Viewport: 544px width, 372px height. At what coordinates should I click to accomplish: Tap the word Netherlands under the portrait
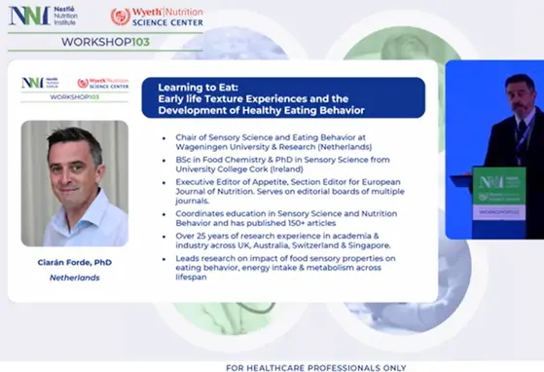coord(74,278)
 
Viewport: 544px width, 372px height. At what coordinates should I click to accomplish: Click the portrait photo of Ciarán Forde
coord(74,183)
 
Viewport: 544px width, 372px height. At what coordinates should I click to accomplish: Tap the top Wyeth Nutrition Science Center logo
coord(151,16)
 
